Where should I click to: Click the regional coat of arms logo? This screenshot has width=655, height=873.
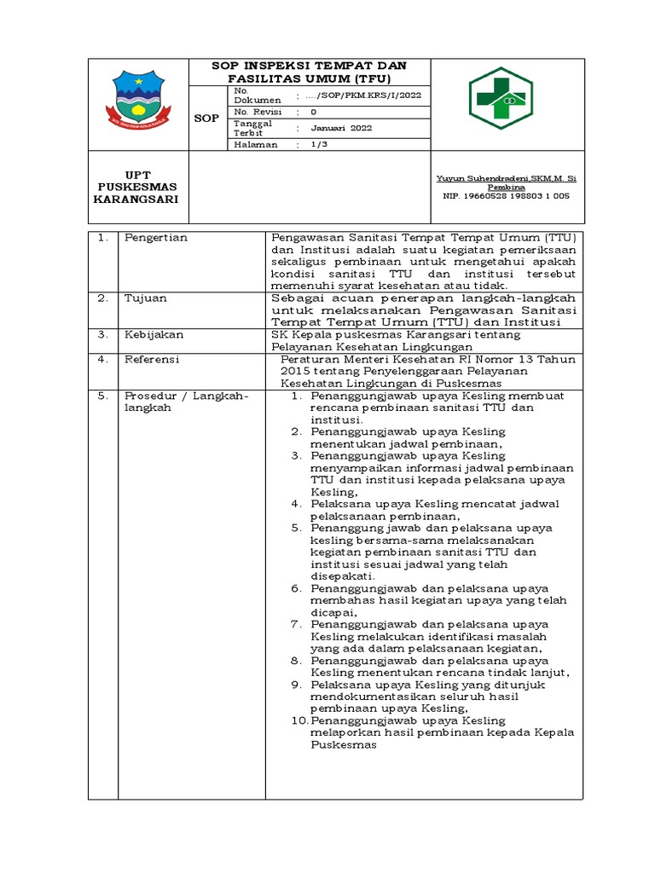pyautogui.click(x=137, y=103)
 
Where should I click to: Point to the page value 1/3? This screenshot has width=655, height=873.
pyautogui.click(x=316, y=145)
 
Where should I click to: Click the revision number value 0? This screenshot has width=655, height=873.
pyautogui.click(x=313, y=112)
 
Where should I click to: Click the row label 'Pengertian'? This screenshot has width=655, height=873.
pyautogui.click(x=156, y=238)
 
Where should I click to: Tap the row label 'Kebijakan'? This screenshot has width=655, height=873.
pyautogui.click(x=152, y=335)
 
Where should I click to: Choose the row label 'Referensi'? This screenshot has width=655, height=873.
pyautogui.click(x=152, y=360)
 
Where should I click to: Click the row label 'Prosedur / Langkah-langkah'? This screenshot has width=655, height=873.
pyautogui.click(x=185, y=402)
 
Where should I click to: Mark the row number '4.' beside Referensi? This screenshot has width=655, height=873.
pyautogui.click(x=102, y=360)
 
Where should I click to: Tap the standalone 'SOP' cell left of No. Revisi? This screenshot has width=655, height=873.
pyautogui.click(x=206, y=118)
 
